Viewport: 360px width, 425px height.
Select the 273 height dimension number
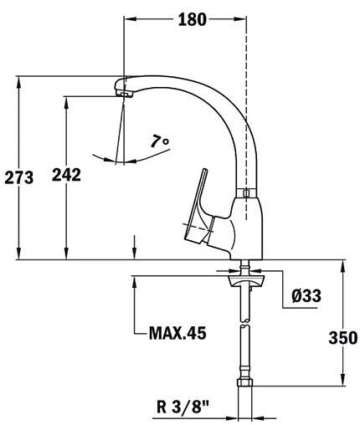click(x=18, y=177)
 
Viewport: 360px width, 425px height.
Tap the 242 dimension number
click(x=66, y=175)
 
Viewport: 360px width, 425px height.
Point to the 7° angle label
click(x=160, y=142)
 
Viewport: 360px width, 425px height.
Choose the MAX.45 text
click(x=177, y=333)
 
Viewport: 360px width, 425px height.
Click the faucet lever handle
click(x=199, y=201)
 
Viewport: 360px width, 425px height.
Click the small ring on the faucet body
click(x=244, y=194)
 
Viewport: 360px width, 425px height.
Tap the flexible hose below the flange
click(x=244, y=335)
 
